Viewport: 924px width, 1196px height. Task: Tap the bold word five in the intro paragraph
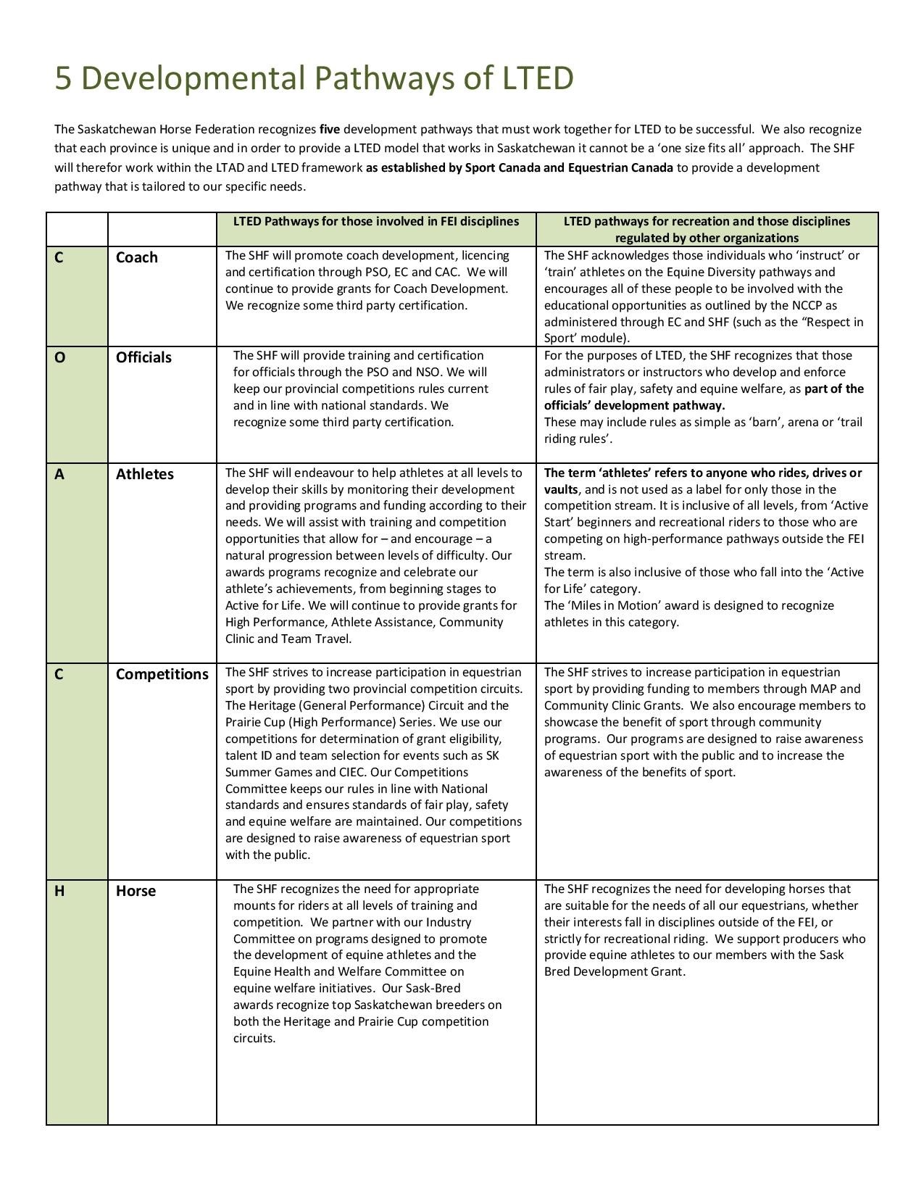pyautogui.click(x=330, y=130)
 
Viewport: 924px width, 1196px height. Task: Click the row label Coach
pyautogui.click(x=136, y=257)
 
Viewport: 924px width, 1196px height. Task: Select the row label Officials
pyautogui.click(x=143, y=357)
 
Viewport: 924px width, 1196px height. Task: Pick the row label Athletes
pyautogui.click(x=145, y=474)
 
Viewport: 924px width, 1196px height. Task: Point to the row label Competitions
pyautogui.click(x=162, y=674)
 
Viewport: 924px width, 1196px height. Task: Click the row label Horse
pyautogui.click(x=136, y=891)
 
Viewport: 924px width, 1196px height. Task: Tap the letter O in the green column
pyautogui.click(x=60, y=357)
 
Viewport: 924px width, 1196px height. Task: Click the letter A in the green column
pyautogui.click(x=59, y=474)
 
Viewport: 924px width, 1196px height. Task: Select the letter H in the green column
pyautogui.click(x=59, y=891)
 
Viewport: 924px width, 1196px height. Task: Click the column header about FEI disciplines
pyautogui.click(x=375, y=221)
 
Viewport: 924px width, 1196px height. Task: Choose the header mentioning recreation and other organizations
pyautogui.click(x=707, y=229)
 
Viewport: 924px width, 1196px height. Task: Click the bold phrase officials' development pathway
pyautogui.click(x=634, y=406)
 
